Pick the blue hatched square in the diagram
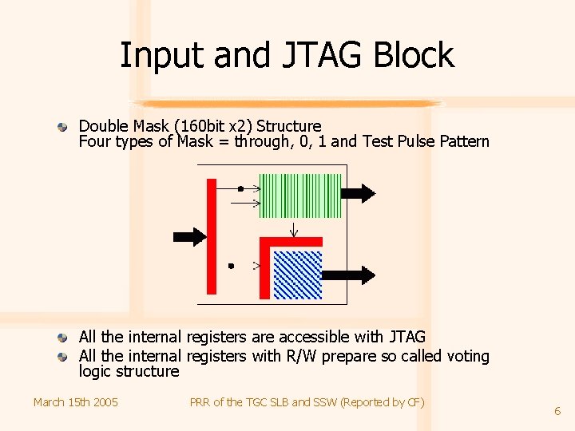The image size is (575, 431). [298, 274]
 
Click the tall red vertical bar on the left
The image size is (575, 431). [212, 236]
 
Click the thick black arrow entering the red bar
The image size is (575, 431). [189, 236]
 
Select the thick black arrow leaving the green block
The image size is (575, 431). [358, 192]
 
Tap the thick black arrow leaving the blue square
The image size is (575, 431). [358, 275]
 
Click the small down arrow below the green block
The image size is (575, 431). [294, 231]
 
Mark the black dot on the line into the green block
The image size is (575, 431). [240, 189]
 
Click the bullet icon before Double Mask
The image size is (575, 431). [61, 127]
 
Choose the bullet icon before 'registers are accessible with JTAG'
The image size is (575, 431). [61, 338]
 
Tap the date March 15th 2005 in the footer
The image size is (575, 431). [75, 402]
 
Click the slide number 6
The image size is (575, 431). [557, 411]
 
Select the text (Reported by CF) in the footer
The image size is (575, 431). [383, 402]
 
